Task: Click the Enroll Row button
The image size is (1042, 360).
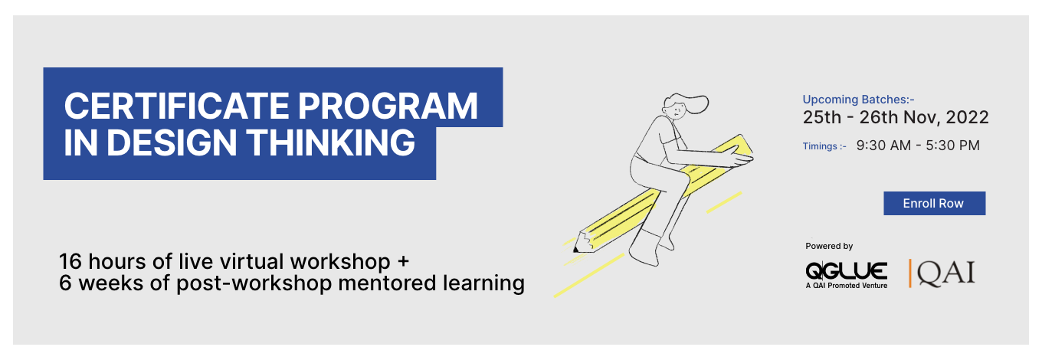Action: pyautogui.click(x=934, y=203)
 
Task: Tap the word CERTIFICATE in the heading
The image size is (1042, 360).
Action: pyautogui.click(x=176, y=106)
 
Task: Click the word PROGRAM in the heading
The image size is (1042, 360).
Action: pyautogui.click(x=388, y=106)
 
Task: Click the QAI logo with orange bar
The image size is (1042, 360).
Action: pyautogui.click(x=942, y=273)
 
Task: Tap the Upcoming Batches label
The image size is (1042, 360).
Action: pyautogui.click(x=858, y=100)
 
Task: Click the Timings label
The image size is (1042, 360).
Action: pyautogui.click(x=824, y=146)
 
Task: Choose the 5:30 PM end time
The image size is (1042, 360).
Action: pyautogui.click(x=952, y=146)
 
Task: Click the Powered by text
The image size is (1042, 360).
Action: pyautogui.click(x=829, y=246)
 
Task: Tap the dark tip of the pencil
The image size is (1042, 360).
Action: pyautogui.click(x=575, y=250)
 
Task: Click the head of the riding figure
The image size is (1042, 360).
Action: pyautogui.click(x=679, y=106)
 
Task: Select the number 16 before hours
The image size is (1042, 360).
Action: pyautogui.click(x=70, y=261)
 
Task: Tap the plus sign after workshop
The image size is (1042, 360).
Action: pyautogui.click(x=403, y=262)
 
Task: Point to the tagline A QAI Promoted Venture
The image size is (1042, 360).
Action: pyautogui.click(x=846, y=286)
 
